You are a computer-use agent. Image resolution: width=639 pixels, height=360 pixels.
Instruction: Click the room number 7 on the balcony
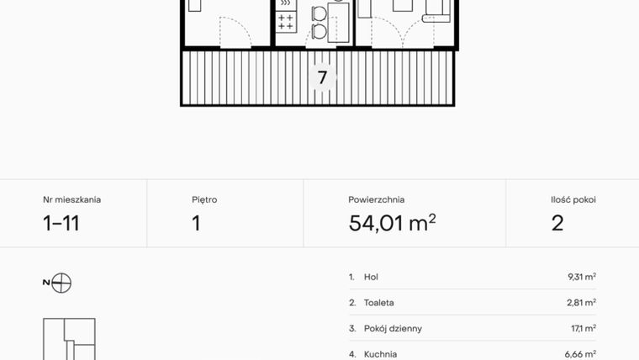pyautogui.click(x=322, y=78)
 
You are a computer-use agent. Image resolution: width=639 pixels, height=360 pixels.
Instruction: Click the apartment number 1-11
pyautogui.click(x=61, y=224)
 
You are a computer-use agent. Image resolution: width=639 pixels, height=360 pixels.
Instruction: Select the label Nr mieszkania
pyautogui.click(x=71, y=200)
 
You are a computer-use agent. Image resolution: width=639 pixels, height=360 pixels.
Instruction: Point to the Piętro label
pyautogui.click(x=204, y=200)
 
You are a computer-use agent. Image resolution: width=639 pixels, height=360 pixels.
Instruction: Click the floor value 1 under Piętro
pyautogui.click(x=196, y=224)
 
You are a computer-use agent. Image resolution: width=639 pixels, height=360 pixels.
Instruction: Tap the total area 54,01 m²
pyautogui.click(x=392, y=223)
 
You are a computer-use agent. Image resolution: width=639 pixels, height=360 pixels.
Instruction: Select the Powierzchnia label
pyautogui.click(x=376, y=200)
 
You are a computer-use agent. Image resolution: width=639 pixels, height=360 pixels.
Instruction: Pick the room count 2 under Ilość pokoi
pyautogui.click(x=557, y=224)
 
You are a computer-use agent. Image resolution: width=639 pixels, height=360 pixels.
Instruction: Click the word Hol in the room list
pyautogui.click(x=372, y=277)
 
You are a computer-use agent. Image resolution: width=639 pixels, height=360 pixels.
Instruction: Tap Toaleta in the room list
pyautogui.click(x=379, y=303)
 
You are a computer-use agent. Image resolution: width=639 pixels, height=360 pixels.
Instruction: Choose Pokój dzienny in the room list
pyautogui.click(x=393, y=329)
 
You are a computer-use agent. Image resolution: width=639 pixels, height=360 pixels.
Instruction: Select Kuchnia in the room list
pyautogui.click(x=380, y=354)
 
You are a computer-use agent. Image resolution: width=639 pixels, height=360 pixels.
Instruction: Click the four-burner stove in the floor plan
pyautogui.click(x=286, y=22)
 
